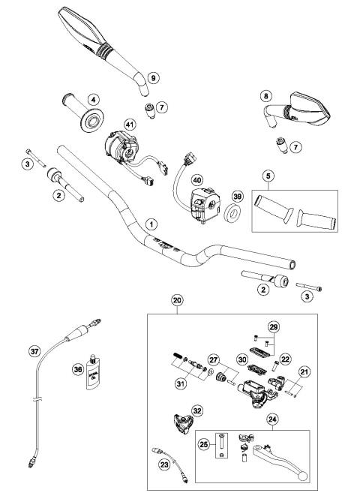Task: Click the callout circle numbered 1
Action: pyautogui.click(x=152, y=224)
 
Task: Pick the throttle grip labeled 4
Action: pyautogui.click(x=83, y=110)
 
